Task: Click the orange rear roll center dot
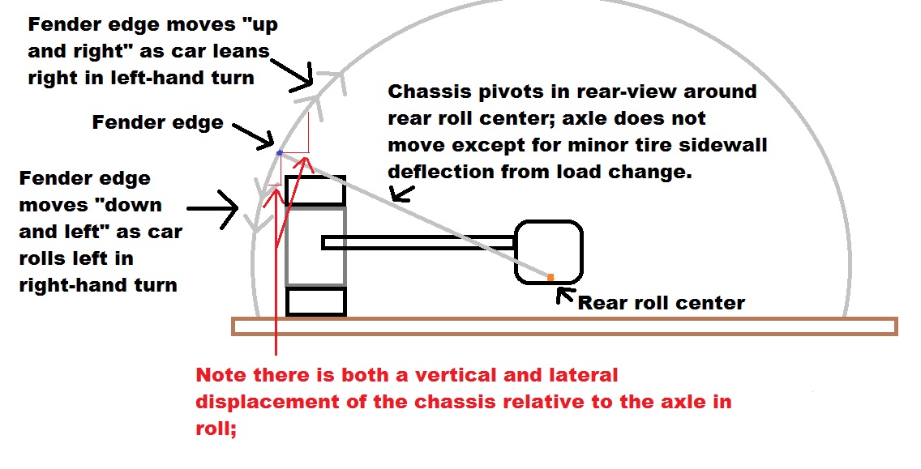pyautogui.click(x=550, y=278)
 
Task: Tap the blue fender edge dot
pyautogui.click(x=280, y=152)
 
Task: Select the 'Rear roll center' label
pyautogui.click(x=661, y=303)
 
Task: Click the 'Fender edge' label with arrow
pyautogui.click(x=157, y=123)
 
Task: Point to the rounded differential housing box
pyautogui.click(x=549, y=252)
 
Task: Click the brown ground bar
pyautogui.click(x=564, y=326)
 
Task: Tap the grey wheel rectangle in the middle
pyautogui.click(x=315, y=246)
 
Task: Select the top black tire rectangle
pyautogui.click(x=315, y=191)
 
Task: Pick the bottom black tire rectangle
pyautogui.click(x=315, y=301)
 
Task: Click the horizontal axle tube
pyautogui.click(x=418, y=242)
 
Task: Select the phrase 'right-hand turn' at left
pyautogui.click(x=98, y=285)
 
